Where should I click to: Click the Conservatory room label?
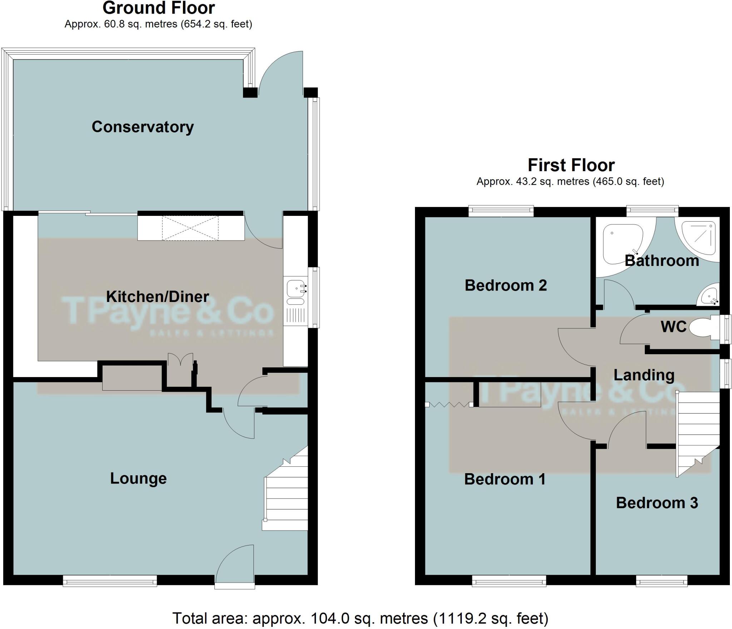tap(143, 127)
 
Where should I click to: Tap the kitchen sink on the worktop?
tap(296, 287)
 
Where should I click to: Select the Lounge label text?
tap(138, 479)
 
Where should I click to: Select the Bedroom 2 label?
tap(505, 285)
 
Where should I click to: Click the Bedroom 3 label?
tap(657, 503)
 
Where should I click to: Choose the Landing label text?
tap(644, 375)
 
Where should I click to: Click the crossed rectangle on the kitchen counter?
tap(190, 228)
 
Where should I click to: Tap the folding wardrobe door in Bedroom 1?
tap(449, 405)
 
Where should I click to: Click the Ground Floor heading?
tap(159, 8)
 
